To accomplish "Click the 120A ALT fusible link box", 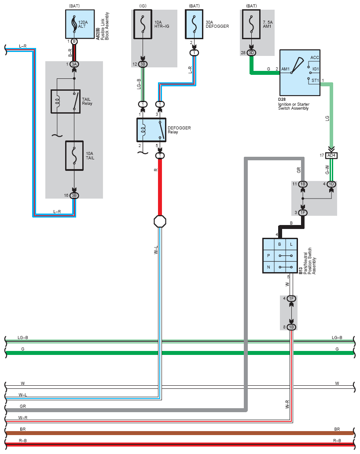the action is point(80,24).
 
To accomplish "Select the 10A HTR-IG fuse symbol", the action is point(143,24).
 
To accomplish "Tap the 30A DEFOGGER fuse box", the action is point(194,24).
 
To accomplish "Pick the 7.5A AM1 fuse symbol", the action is point(251,24).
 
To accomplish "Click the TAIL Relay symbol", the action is point(66,101).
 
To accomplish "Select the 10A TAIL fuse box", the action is point(74,155).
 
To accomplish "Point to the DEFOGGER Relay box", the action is point(151,130).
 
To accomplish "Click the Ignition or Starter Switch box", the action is point(300,73).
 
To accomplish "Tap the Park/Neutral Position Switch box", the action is point(280,256).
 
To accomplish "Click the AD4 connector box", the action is point(331,155).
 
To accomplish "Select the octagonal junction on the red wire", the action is point(160,221).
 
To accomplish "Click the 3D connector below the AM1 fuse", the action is point(251,53).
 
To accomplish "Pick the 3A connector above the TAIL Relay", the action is point(74,64).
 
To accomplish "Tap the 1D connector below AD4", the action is point(331,184).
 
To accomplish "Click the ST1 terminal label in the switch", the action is point(315,81).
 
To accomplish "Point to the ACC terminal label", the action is point(315,58).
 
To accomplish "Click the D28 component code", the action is point(282,100).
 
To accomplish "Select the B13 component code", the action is point(301,271).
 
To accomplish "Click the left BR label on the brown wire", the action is point(23,429).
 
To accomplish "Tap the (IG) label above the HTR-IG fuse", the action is point(143,6).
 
